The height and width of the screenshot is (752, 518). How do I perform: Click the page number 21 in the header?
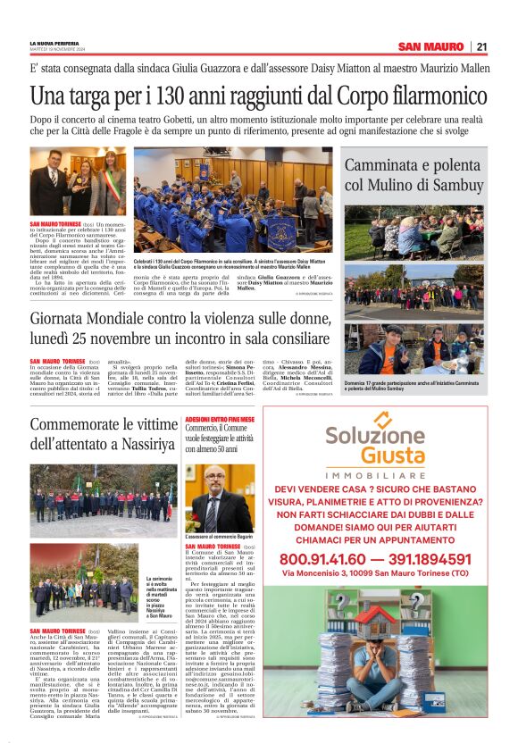coord(481,46)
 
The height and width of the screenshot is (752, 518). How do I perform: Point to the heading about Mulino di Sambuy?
coord(427,174)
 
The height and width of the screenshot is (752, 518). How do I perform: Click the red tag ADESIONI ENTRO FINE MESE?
coord(220,419)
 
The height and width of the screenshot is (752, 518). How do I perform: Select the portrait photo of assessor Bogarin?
coord(220,497)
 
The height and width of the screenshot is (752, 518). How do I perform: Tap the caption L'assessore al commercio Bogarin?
coord(220,536)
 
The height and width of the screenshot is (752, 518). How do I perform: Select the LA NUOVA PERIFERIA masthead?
coord(55,43)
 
